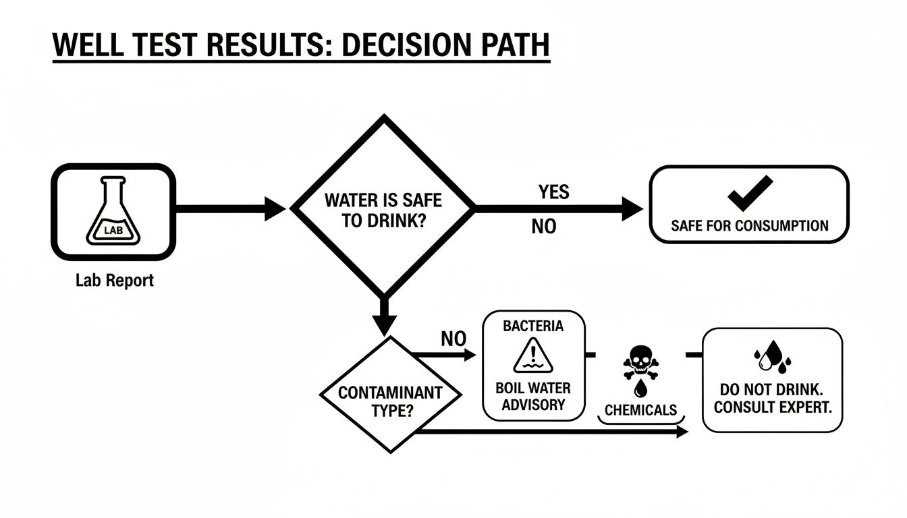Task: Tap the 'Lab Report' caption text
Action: [114, 280]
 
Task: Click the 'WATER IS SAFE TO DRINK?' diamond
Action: [383, 210]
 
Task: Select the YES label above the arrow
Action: [553, 192]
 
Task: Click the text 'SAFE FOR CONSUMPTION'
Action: [749, 225]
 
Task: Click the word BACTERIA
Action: [533, 326]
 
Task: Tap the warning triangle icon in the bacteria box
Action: [533, 357]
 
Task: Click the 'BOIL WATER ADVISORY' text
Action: [533, 397]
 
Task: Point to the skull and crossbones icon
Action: [639, 365]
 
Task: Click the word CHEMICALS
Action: [640, 410]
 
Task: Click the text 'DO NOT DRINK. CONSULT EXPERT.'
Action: [772, 398]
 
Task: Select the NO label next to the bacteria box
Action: [453, 339]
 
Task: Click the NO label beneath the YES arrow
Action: [544, 227]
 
